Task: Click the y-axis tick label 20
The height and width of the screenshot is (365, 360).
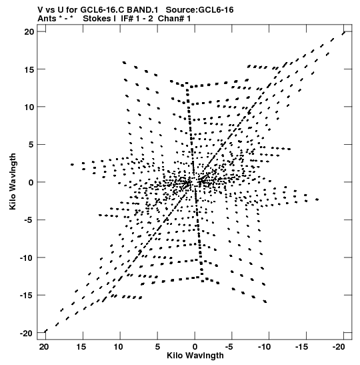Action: [x=29, y=31]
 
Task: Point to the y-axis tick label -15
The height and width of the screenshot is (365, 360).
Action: [x=27, y=296]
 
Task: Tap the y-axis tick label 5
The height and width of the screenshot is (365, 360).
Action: [x=31, y=145]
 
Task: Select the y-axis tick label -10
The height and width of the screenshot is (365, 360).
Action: [x=27, y=258]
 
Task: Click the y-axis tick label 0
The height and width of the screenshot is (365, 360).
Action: [x=31, y=183]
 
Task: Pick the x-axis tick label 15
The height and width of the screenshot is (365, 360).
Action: [x=81, y=347]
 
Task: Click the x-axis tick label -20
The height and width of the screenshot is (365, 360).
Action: [x=339, y=347]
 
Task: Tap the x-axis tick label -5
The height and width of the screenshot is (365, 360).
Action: [x=229, y=347]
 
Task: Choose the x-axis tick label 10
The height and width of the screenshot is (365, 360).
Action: [x=119, y=347]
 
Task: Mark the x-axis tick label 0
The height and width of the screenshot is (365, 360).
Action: [x=195, y=347]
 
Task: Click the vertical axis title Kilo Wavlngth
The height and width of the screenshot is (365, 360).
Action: [x=13, y=181]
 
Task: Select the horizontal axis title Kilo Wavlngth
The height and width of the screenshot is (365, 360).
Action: [x=195, y=356]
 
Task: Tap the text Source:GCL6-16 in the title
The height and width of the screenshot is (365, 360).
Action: [x=199, y=10]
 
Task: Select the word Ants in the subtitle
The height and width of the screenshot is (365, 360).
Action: [x=47, y=19]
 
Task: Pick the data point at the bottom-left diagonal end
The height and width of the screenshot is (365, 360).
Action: [x=46, y=331]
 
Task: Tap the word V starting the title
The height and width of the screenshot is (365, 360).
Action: [x=40, y=10]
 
